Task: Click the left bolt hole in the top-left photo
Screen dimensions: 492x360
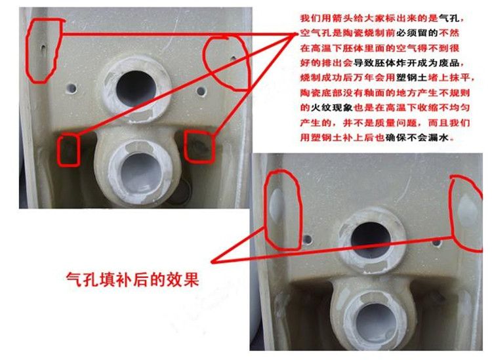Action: click(x=72, y=89)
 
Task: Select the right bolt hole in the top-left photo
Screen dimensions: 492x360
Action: click(x=201, y=92)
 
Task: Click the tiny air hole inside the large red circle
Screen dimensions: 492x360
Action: click(x=233, y=58)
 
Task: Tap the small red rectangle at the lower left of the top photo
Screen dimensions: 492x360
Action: click(x=68, y=150)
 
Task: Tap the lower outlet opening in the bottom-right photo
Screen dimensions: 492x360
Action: click(x=375, y=320)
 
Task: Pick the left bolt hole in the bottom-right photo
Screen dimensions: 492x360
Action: click(x=307, y=240)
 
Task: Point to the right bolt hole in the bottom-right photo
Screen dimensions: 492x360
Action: click(x=436, y=243)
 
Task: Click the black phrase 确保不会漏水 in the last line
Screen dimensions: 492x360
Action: click(x=417, y=137)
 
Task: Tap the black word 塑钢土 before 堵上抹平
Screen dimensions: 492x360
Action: click(x=412, y=77)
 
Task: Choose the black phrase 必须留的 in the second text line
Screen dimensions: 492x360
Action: click(x=417, y=33)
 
